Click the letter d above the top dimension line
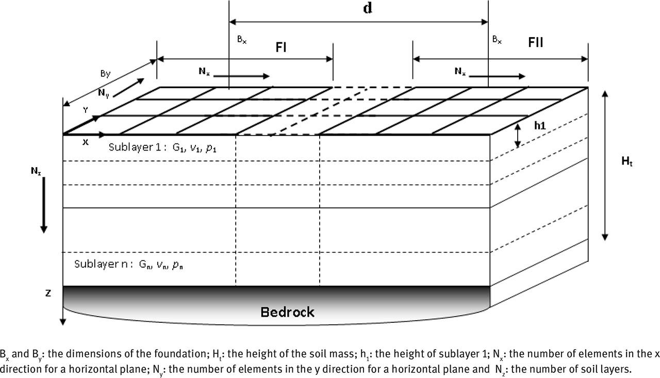[x=367, y=9]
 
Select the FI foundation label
[x=281, y=47]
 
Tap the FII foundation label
[x=536, y=42]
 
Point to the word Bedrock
[x=287, y=312]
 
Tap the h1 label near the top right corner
[x=539, y=125]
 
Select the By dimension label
[x=105, y=73]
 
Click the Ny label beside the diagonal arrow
[x=103, y=93]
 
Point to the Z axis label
[x=48, y=293]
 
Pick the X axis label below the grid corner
[x=86, y=142]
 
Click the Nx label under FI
[x=204, y=72]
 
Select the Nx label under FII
[x=460, y=72]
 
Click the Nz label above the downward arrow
[x=35, y=171]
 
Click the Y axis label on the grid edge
[x=86, y=110]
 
